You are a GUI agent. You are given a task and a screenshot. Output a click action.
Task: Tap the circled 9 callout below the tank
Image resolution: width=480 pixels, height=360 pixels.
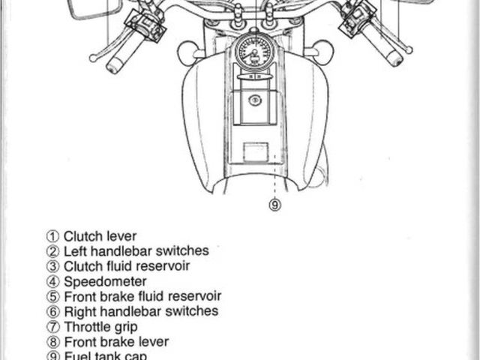(275, 203)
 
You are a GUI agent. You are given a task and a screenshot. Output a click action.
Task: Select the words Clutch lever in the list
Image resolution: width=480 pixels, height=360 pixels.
(100, 236)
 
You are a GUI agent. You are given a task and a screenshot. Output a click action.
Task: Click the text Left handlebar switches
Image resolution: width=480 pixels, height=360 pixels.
(136, 251)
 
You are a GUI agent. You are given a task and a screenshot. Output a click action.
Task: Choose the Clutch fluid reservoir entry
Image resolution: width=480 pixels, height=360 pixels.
(126, 266)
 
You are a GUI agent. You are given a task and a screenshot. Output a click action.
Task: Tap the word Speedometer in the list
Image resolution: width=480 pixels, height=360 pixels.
(105, 281)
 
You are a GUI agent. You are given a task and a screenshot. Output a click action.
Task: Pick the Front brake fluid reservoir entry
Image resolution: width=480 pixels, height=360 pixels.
(142, 296)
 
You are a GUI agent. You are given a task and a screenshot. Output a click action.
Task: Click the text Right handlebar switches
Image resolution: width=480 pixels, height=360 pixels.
(140, 311)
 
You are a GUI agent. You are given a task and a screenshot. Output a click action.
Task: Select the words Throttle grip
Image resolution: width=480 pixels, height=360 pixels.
(100, 327)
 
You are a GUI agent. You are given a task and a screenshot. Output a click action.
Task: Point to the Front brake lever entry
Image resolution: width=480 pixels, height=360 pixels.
(115, 342)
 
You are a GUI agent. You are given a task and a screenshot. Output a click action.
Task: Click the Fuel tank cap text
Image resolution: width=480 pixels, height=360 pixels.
(105, 356)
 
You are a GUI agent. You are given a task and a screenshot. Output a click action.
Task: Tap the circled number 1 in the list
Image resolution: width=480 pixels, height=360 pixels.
(52, 237)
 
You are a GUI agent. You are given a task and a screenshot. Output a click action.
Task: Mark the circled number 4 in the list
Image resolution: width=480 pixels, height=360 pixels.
(52, 282)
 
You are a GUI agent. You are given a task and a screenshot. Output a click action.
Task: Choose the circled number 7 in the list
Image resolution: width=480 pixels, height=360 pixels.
(52, 327)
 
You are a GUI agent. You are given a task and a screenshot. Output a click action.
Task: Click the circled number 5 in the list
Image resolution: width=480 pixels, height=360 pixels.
(52, 297)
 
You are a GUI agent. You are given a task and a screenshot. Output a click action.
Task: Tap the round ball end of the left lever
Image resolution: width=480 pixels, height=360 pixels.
(92, 57)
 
